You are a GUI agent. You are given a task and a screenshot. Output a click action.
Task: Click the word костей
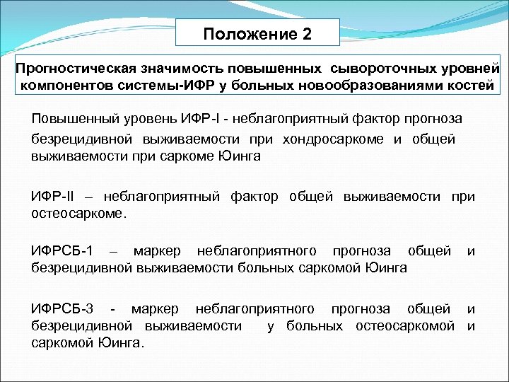pos(469,86)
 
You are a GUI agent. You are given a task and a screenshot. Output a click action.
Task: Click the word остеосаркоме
pos(80,212)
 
